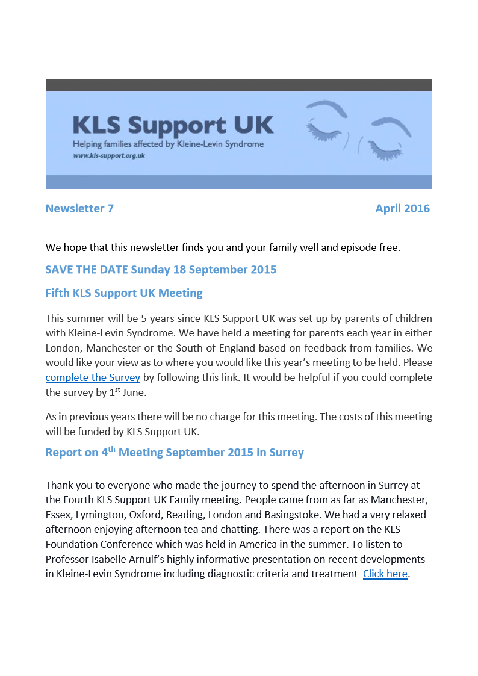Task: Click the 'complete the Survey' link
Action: tap(93, 378)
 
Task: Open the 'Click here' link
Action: tap(385, 574)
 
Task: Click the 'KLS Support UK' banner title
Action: tap(173, 125)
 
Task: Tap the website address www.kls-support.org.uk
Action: tap(109, 155)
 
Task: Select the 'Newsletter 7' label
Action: tap(79, 209)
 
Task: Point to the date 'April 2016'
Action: tap(402, 209)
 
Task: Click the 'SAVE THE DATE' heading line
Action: tap(161, 270)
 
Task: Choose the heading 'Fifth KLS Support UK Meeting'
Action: tap(124, 294)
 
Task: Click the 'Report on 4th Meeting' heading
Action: tap(175, 453)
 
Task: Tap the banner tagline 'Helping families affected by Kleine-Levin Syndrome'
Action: tap(168, 144)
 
